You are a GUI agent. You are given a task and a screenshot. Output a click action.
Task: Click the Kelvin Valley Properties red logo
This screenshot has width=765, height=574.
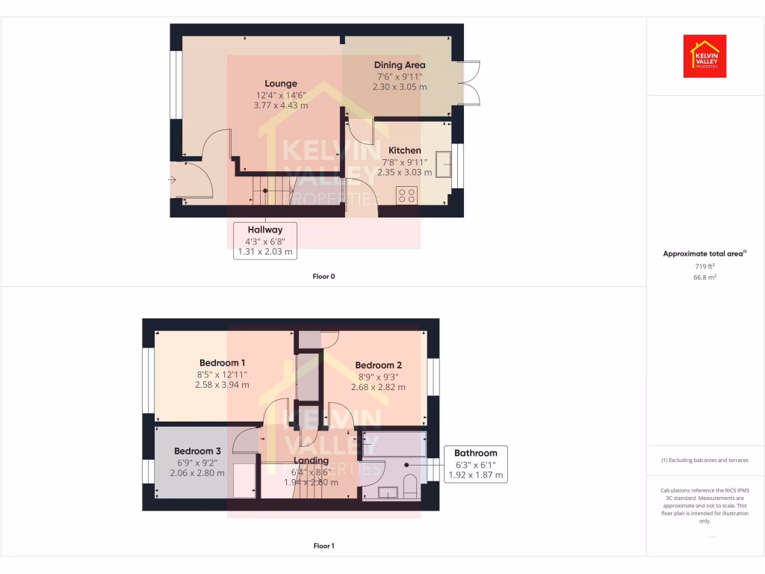point(704,56)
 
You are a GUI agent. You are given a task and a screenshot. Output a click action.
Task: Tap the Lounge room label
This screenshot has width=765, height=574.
point(281,84)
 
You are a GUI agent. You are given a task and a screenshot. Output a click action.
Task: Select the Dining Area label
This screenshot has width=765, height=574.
point(399,65)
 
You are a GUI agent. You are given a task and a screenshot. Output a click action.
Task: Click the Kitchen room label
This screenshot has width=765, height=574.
point(404,150)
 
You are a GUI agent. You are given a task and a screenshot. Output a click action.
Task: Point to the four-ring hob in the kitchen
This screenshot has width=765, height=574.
point(407,195)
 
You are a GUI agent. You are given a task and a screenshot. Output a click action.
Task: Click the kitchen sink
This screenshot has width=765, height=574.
point(444,163)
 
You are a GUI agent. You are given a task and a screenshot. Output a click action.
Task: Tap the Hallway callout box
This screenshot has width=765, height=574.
point(265,241)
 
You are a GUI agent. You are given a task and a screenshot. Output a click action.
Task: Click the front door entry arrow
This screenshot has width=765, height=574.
point(173,180)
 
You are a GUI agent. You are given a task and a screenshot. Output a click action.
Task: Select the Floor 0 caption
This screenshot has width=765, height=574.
point(323,277)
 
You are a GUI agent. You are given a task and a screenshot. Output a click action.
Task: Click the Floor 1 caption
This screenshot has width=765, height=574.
point(323,546)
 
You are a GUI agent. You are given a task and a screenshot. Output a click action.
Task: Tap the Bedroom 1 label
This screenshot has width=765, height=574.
point(223,363)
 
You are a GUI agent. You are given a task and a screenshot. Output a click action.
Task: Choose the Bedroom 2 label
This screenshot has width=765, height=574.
point(378,365)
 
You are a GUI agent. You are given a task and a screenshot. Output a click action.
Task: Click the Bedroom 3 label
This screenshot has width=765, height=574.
point(197,451)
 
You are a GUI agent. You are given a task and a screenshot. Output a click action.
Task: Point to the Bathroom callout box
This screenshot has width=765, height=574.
point(475,463)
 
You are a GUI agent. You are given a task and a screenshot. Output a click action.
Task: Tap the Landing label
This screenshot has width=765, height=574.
point(311,461)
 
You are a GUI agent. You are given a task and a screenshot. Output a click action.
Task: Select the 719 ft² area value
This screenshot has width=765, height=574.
point(704,265)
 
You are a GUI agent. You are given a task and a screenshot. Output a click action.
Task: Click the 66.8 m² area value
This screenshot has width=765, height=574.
point(704,277)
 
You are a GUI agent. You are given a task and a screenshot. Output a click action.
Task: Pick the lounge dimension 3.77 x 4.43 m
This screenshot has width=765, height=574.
point(281,105)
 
